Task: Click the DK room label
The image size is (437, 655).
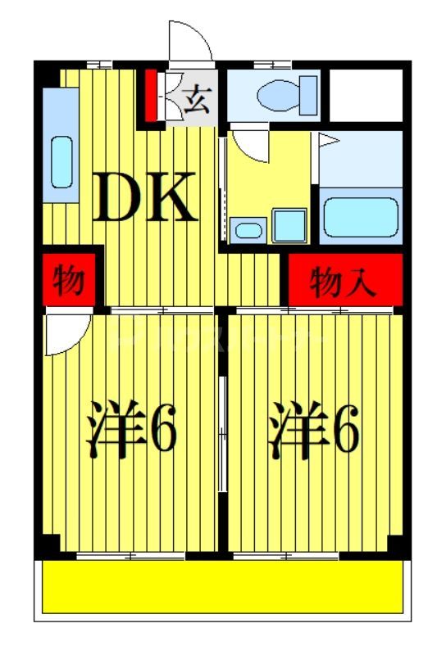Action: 144,198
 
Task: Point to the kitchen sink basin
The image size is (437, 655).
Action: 62,161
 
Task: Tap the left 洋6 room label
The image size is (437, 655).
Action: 131,431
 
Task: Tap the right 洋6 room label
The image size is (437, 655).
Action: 314,431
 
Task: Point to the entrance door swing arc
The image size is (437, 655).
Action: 189,41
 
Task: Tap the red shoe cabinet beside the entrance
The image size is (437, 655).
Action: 151,96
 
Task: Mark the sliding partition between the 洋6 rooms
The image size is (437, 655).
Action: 223,434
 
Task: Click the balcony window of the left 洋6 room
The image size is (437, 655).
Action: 131,557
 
